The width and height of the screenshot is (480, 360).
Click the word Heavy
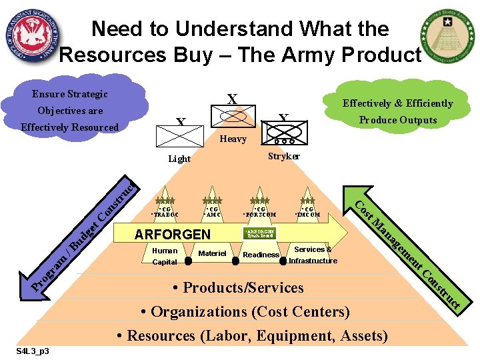tap(233, 139)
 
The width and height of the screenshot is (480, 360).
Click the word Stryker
tap(283, 156)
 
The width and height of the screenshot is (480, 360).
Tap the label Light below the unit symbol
tap(179, 159)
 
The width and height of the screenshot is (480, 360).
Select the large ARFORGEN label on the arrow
tap(172, 234)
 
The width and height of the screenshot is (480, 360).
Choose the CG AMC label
tap(213, 212)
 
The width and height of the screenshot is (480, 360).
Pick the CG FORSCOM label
tap(260, 212)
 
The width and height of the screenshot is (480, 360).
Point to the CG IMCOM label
tap(308, 212)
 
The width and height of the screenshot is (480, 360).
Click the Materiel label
tap(213, 253)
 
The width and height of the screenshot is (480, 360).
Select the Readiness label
tap(261, 255)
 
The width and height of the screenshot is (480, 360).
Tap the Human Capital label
tap(165, 256)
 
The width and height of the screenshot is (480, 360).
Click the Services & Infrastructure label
tap(313, 255)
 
